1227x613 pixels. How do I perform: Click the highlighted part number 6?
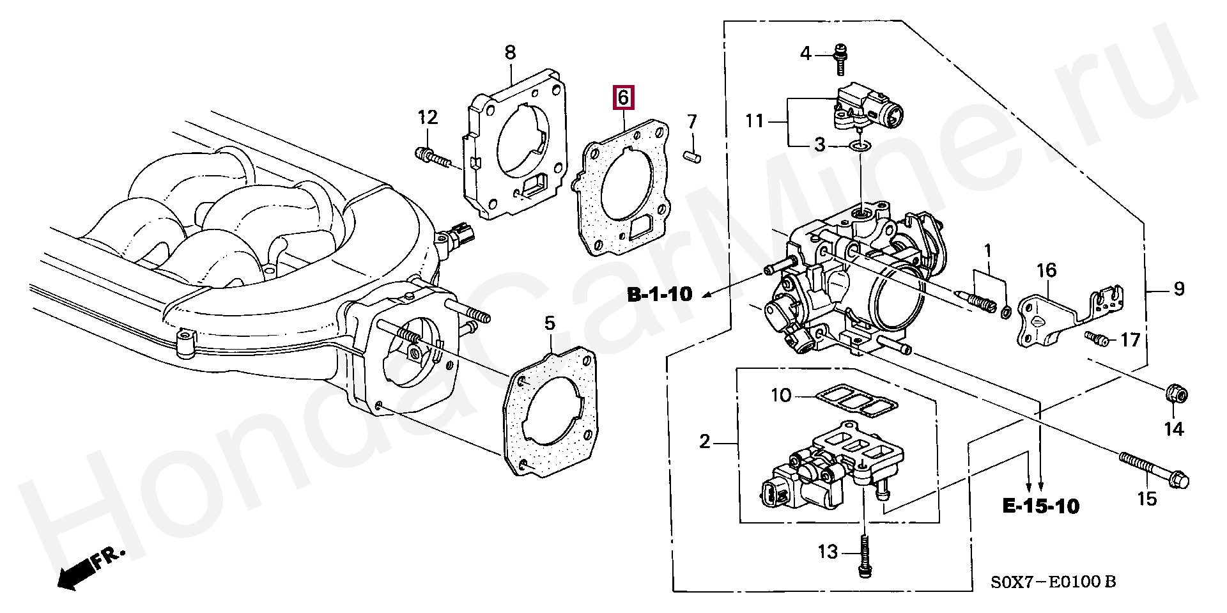622,98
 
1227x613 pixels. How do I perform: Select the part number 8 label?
510,52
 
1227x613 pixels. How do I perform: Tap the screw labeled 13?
863,557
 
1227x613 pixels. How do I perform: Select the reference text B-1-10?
660,294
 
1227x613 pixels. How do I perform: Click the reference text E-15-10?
1040,507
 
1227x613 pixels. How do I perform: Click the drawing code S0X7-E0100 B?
1054,582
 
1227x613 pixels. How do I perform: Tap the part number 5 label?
550,323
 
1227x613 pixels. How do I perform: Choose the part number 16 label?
1046,271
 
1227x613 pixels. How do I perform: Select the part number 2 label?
704,441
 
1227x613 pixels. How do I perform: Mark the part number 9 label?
1179,289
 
